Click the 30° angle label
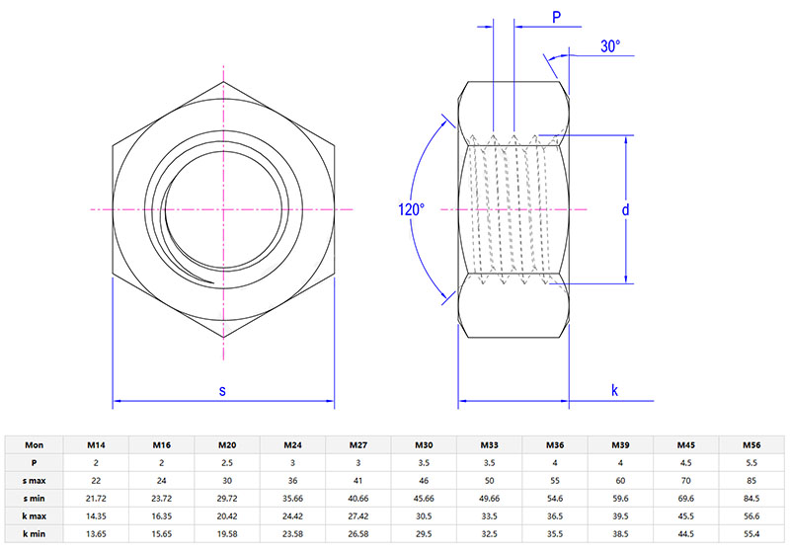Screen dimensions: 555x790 coord(610,46)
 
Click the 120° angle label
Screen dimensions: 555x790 coord(411,209)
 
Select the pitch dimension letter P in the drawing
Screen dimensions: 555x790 coord(556,17)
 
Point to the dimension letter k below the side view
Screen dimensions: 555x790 coord(614,390)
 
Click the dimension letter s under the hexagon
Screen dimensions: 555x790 coord(222,391)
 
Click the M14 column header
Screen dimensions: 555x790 coord(96,445)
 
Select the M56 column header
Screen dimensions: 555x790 coord(751,445)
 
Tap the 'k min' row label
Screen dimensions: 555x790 coord(34,534)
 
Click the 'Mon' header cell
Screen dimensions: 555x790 coord(34,445)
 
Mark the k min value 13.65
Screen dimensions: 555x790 coord(96,534)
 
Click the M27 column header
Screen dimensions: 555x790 coord(357,445)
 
